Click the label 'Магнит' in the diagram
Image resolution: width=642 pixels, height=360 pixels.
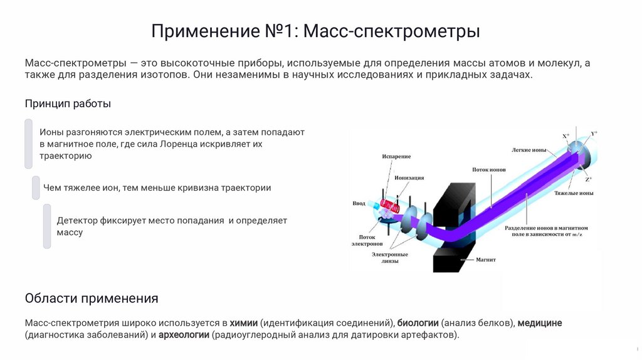(x=485, y=259)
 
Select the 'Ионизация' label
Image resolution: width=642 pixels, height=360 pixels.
(x=409, y=177)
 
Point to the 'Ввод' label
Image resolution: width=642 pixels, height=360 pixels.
(x=359, y=203)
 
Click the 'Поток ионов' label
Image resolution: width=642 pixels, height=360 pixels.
(x=489, y=169)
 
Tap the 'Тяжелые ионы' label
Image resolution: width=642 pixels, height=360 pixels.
(x=573, y=193)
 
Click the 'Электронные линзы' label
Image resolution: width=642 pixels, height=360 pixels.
(x=389, y=258)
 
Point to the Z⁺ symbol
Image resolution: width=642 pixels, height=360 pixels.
(x=588, y=179)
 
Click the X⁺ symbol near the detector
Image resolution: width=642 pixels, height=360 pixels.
(x=566, y=136)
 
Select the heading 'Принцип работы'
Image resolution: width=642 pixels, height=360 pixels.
(x=68, y=104)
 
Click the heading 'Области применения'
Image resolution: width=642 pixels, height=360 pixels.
(x=92, y=298)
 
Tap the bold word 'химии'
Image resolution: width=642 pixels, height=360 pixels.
(x=244, y=323)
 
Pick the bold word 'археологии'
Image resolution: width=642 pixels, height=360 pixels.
(x=183, y=335)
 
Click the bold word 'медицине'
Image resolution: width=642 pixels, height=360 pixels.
(x=540, y=323)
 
